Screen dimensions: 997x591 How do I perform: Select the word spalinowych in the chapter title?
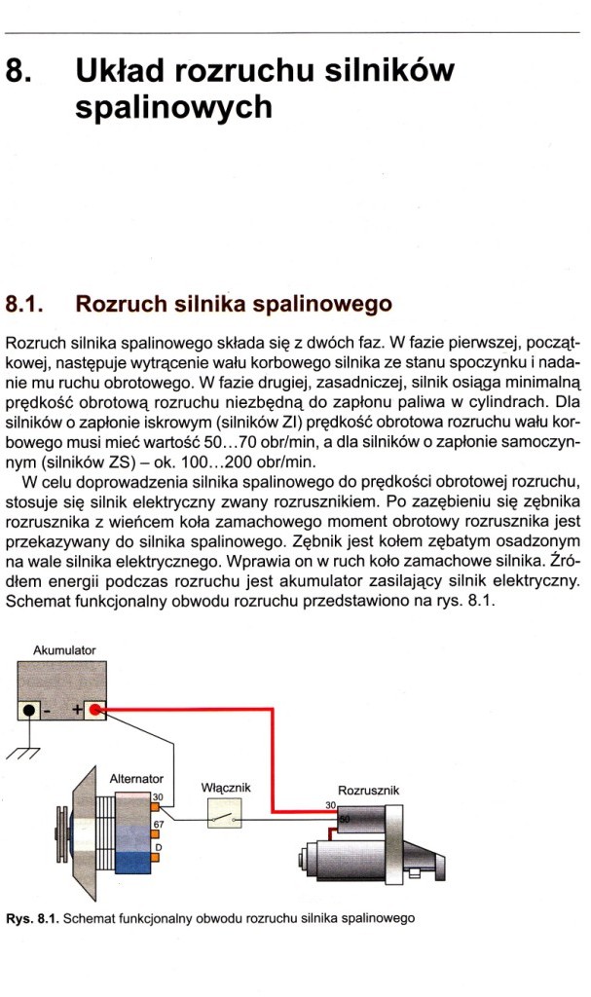[173, 107]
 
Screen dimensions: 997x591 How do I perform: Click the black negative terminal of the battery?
[31, 711]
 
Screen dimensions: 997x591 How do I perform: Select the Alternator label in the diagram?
[135, 778]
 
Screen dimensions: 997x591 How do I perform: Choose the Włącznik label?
[226, 785]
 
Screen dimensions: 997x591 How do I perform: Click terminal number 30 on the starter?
[329, 805]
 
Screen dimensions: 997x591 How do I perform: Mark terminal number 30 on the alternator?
[158, 796]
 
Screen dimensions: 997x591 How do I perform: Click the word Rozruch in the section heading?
[116, 304]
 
